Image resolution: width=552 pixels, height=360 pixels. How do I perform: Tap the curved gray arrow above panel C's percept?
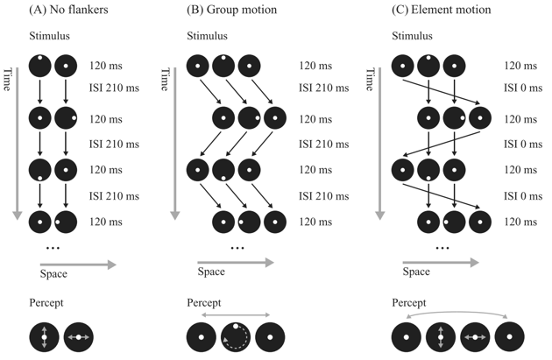click(x=455, y=314)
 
